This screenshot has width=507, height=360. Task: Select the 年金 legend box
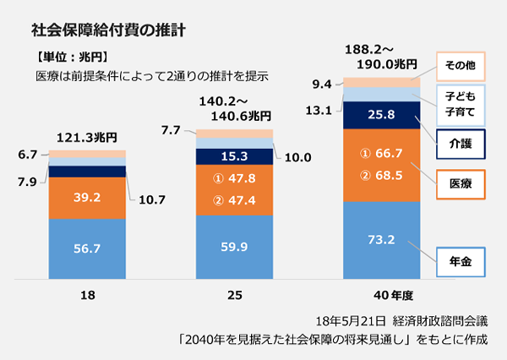[461, 262]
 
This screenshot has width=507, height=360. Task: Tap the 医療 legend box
[461, 183]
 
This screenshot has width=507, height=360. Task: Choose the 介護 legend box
[461, 143]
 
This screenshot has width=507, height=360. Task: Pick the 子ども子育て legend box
[461, 102]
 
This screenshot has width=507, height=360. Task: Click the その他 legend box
[461, 63]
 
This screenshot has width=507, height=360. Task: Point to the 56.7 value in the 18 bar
[87, 249]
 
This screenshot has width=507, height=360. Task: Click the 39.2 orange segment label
[87, 198]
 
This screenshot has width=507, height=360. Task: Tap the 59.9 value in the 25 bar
[234, 248]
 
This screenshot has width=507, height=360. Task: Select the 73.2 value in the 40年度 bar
[381, 240]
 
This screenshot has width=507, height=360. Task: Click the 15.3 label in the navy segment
[234, 156]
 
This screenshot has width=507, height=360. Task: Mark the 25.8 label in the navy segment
[381, 115]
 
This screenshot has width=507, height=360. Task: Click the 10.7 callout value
[152, 201]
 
